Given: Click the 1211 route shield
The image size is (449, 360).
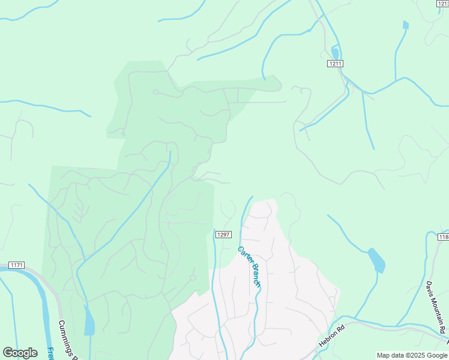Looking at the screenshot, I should (336, 63).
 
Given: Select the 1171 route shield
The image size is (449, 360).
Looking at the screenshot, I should (17, 265).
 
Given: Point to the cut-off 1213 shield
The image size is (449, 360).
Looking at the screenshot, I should (443, 3).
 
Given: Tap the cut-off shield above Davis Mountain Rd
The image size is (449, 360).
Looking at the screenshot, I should (444, 237).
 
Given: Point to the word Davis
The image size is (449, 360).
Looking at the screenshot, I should (430, 288).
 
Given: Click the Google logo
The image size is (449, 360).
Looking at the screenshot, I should (20, 353).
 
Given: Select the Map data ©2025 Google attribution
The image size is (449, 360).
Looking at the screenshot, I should (412, 355).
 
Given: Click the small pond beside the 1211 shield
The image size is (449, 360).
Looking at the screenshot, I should (334, 53).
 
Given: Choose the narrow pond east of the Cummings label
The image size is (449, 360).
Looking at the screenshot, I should (89, 321).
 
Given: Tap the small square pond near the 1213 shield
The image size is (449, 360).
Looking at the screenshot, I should (406, 25).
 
